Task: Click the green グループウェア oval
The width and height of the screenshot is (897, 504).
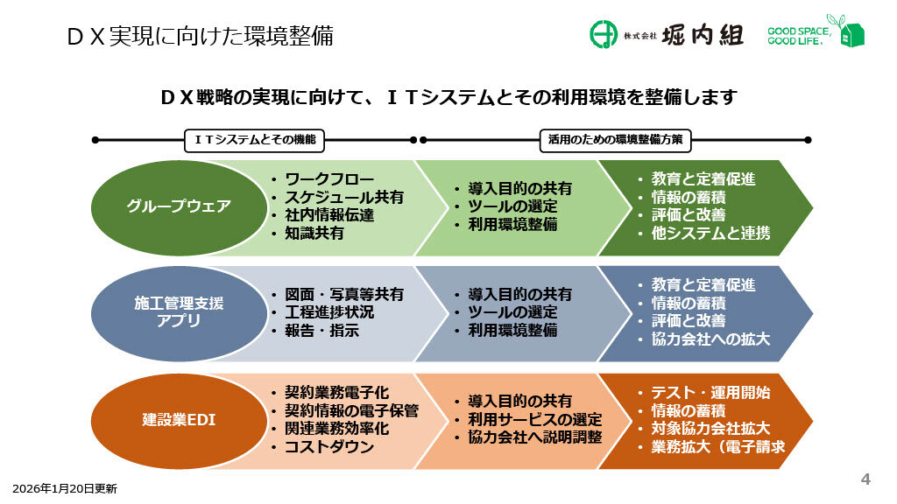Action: click(x=179, y=206)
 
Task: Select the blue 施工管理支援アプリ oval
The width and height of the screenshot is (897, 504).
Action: click(x=179, y=312)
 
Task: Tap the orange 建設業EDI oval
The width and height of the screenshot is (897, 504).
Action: click(x=179, y=420)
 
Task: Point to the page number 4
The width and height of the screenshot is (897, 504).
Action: click(x=865, y=479)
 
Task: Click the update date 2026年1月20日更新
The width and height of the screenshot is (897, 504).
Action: click(x=64, y=488)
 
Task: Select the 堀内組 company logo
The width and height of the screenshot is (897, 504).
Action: click(x=667, y=35)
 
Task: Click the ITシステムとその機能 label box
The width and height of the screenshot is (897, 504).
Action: click(x=253, y=139)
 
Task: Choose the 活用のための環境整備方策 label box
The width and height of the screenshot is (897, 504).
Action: click(x=614, y=139)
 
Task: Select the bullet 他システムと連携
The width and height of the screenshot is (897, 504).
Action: click(x=710, y=233)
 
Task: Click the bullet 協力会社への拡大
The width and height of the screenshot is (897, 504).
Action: click(x=710, y=339)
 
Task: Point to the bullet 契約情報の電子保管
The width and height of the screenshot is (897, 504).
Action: click(x=351, y=410)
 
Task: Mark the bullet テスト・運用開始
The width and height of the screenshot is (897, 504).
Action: click(x=710, y=392)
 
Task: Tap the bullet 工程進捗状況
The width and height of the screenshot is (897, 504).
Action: click(x=329, y=312)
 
